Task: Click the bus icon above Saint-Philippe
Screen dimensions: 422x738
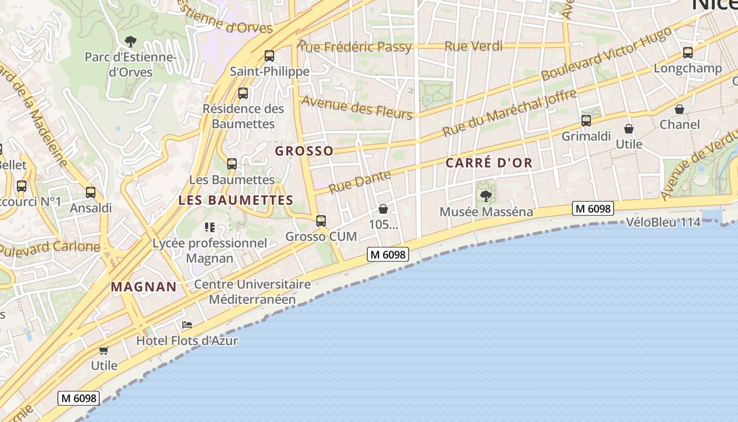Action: [269, 55]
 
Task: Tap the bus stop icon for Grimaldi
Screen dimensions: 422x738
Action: [586, 121]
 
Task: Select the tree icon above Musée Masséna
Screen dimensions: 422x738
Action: [486, 196]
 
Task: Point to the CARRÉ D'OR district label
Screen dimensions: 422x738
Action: [489, 163]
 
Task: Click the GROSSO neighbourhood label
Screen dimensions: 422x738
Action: [304, 151]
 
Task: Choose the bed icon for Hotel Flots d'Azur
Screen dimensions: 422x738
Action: [187, 325]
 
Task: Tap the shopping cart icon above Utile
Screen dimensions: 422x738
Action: [104, 350]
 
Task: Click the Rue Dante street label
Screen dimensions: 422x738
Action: [360, 181]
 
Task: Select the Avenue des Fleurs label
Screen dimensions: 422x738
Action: [356, 108]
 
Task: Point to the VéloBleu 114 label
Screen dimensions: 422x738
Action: [663, 222]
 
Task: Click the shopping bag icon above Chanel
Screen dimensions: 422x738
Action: [679, 109]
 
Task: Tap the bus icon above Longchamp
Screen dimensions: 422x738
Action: [687, 53]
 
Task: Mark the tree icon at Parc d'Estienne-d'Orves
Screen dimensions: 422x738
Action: [130, 41]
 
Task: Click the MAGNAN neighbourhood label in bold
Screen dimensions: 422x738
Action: [143, 287]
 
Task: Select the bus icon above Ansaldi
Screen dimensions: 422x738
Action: [91, 193]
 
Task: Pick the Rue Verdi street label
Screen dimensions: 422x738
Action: [473, 46]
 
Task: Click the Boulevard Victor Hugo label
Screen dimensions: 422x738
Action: [606, 54]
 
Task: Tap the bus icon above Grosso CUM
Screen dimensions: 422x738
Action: [321, 221]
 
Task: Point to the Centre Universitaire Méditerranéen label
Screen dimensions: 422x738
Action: [252, 292]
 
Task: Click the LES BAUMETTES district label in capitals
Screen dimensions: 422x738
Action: [236, 200]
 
